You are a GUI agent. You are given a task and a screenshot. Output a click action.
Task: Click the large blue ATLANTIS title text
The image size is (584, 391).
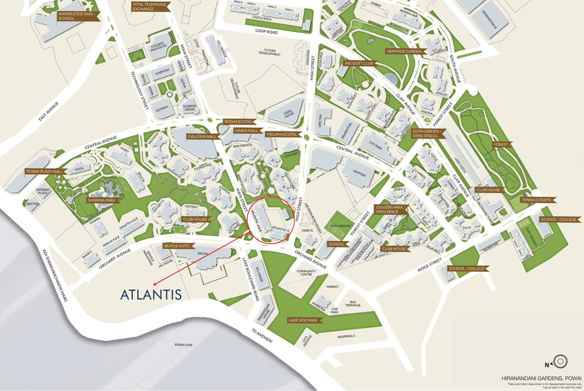coord(151,295)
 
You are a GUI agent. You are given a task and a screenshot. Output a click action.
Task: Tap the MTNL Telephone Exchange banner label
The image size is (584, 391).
coord(150,7)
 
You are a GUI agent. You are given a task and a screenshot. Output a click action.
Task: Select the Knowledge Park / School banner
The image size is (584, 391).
coord(77,16)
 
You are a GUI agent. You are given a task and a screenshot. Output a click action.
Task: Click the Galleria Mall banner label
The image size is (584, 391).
coord(202,137)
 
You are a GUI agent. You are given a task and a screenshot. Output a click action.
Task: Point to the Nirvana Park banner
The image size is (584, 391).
coord(102,200)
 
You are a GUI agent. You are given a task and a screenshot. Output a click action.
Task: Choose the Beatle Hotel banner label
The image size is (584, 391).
coord(178,246)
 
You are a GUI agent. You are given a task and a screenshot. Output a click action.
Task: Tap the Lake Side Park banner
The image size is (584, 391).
coord(303,320)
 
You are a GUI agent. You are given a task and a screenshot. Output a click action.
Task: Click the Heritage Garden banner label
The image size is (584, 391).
coord(404,51)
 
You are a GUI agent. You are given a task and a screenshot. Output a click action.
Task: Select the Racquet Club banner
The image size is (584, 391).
coord(359,63)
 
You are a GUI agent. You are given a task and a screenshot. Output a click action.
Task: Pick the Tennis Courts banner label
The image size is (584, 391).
coord(536,200)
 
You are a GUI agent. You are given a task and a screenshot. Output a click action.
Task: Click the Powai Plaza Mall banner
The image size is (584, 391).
coord(45,172)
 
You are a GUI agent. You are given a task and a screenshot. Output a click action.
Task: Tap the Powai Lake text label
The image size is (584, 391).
coord(184,345)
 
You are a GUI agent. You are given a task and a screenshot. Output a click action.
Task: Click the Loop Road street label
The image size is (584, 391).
coord(266,31)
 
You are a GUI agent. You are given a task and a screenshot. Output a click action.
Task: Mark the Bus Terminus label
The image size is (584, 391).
coord(353,304)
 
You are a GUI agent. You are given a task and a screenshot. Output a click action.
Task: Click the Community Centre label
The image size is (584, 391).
coord(306,273)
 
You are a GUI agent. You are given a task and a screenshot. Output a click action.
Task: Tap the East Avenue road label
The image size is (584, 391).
coord(49,111)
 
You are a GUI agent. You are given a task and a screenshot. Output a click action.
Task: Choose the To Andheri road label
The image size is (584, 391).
coord(262,336)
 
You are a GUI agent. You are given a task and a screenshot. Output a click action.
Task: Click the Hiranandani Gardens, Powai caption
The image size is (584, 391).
coord(541,378)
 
